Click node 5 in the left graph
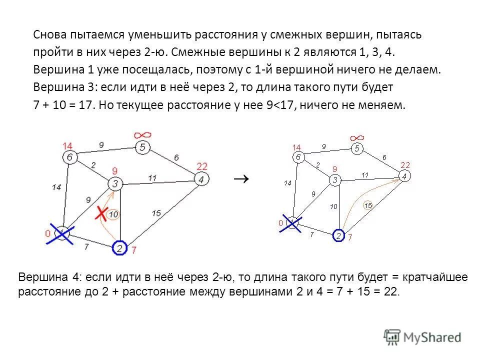142,147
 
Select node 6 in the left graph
69,157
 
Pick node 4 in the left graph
201,179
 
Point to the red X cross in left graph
101,213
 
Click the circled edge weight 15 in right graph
367,205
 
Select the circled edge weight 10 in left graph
113,214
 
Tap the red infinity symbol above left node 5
142,135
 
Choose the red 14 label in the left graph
67,145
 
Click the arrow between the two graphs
241,178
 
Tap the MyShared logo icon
392,336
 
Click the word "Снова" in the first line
49,35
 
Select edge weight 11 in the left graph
152,177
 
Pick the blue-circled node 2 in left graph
120,247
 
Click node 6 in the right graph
298,156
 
